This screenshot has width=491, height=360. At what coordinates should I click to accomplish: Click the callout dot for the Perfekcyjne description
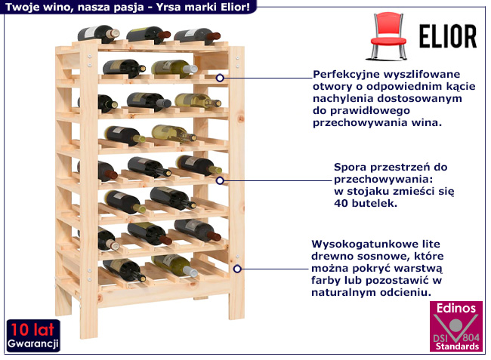point(220,78)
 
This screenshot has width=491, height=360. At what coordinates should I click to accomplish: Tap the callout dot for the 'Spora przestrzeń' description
point(220,180)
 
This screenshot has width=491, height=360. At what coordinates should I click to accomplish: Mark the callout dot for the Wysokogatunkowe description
point(237,267)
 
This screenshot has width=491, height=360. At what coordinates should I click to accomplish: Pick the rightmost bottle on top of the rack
point(196,35)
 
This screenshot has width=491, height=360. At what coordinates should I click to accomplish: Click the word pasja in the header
point(124,6)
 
